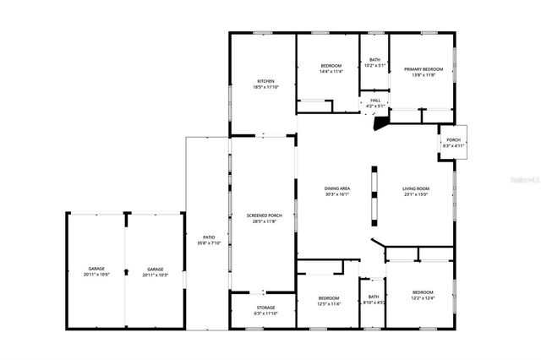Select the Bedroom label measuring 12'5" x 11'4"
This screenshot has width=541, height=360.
tap(329, 300)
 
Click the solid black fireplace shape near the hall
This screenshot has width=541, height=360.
tap(381, 121)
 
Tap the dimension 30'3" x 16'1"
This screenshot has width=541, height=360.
tap(337, 194)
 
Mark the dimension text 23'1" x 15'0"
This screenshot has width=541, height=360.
tap(416, 194)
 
